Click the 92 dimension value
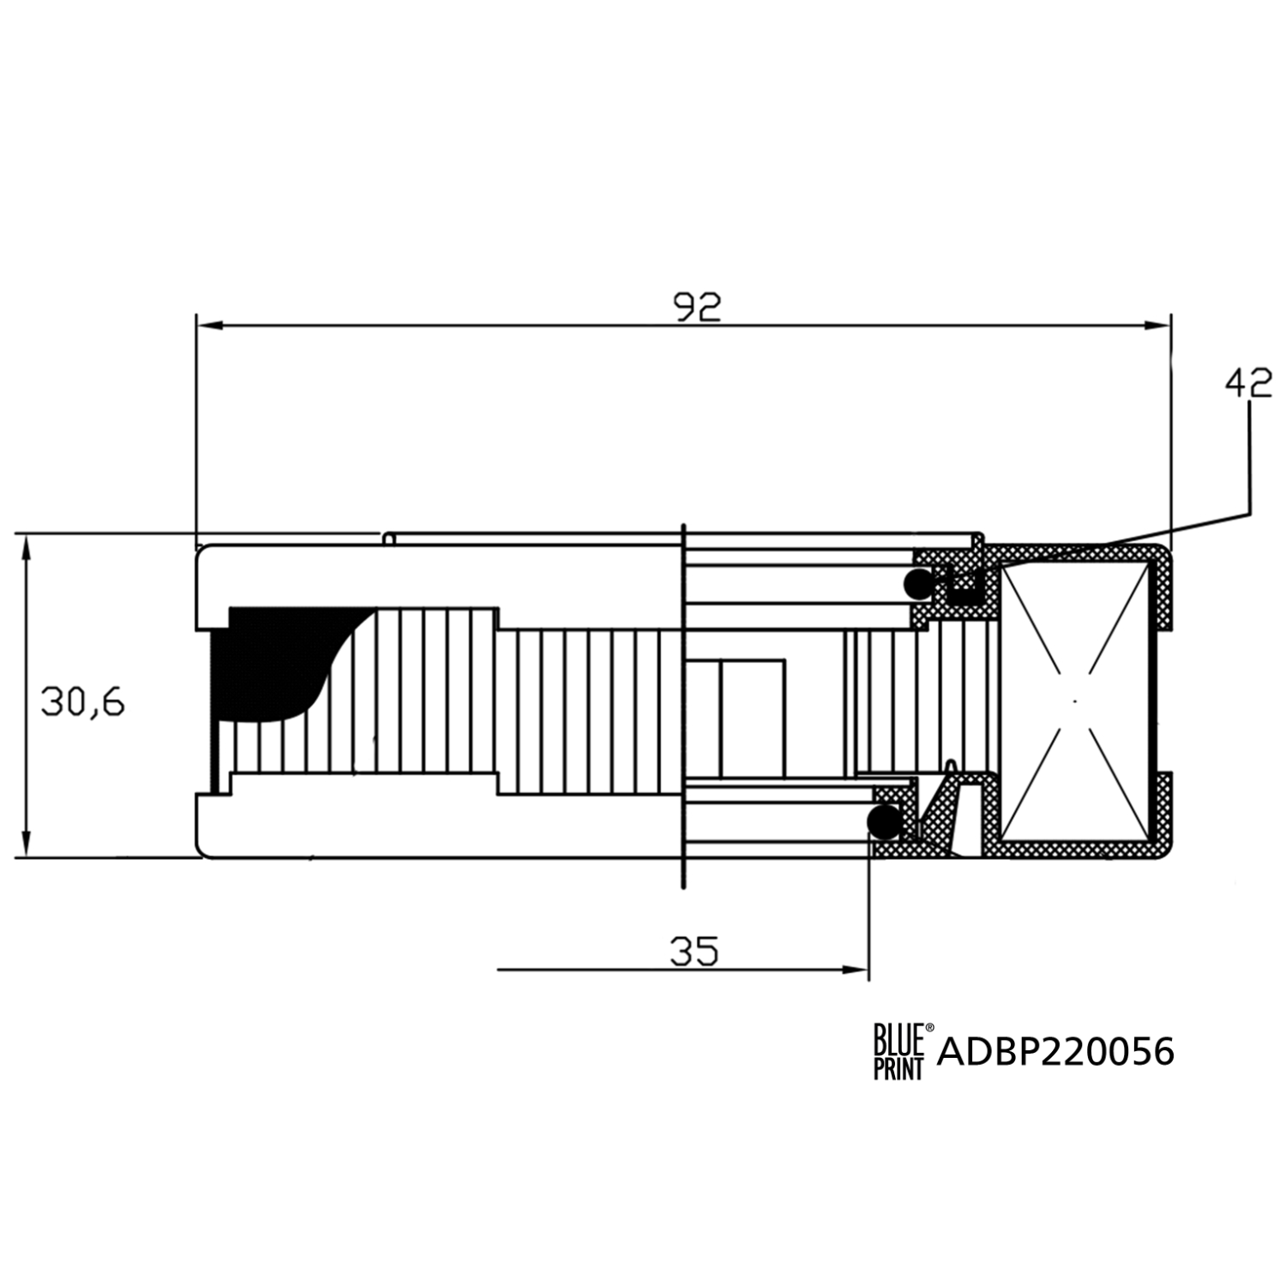click(697, 307)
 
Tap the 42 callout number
click(1248, 383)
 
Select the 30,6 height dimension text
click(82, 702)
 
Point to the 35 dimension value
click(694, 951)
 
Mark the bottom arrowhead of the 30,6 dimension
click(27, 842)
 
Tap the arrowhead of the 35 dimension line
click(856, 970)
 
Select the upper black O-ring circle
click(917, 585)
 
